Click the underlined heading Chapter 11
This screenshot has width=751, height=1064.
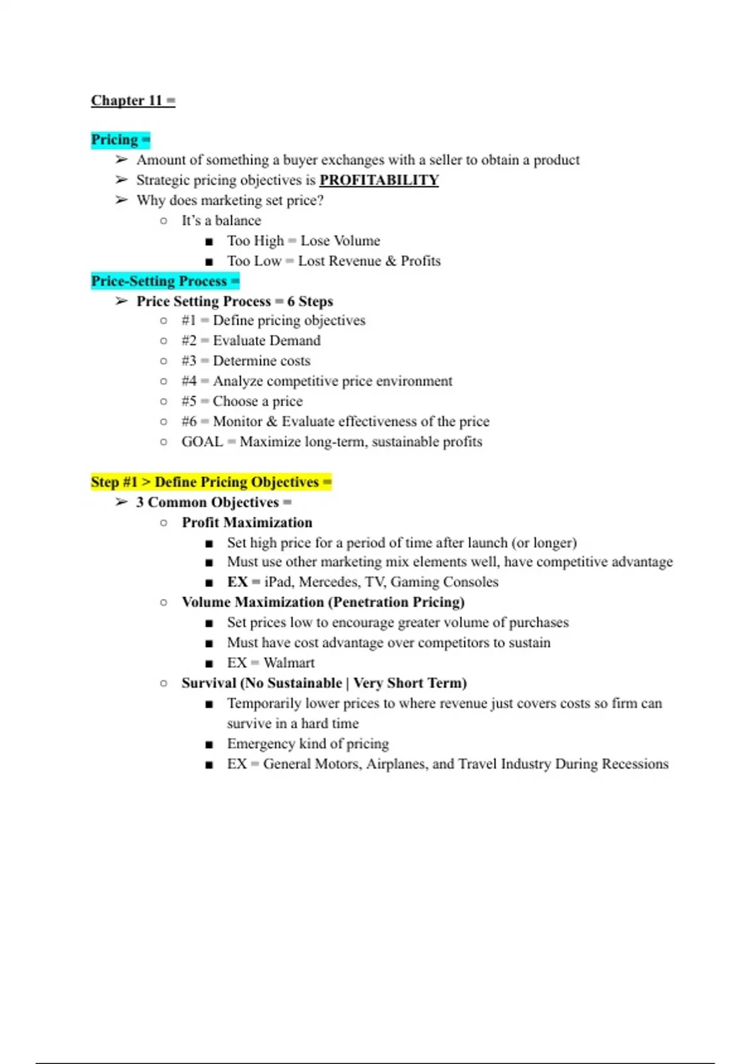(x=126, y=101)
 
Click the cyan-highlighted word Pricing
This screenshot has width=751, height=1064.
(x=115, y=140)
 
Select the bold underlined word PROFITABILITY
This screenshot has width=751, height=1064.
(x=379, y=180)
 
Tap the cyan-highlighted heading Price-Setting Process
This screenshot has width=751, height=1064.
(x=159, y=281)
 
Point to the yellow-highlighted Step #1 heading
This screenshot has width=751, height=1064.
(x=205, y=482)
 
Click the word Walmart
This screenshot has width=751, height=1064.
(x=289, y=663)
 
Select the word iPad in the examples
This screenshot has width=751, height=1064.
(x=278, y=582)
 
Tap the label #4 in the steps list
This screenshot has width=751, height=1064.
(x=189, y=381)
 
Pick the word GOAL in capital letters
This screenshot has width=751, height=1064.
(x=202, y=442)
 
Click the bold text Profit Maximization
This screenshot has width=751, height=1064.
(x=247, y=523)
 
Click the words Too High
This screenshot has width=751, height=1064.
(x=255, y=241)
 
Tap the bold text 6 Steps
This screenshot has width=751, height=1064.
(x=310, y=302)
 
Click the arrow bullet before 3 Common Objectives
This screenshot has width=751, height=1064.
(x=121, y=503)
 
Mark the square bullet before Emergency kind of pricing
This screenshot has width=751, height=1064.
(x=209, y=745)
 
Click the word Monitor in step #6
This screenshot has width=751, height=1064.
(x=237, y=422)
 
